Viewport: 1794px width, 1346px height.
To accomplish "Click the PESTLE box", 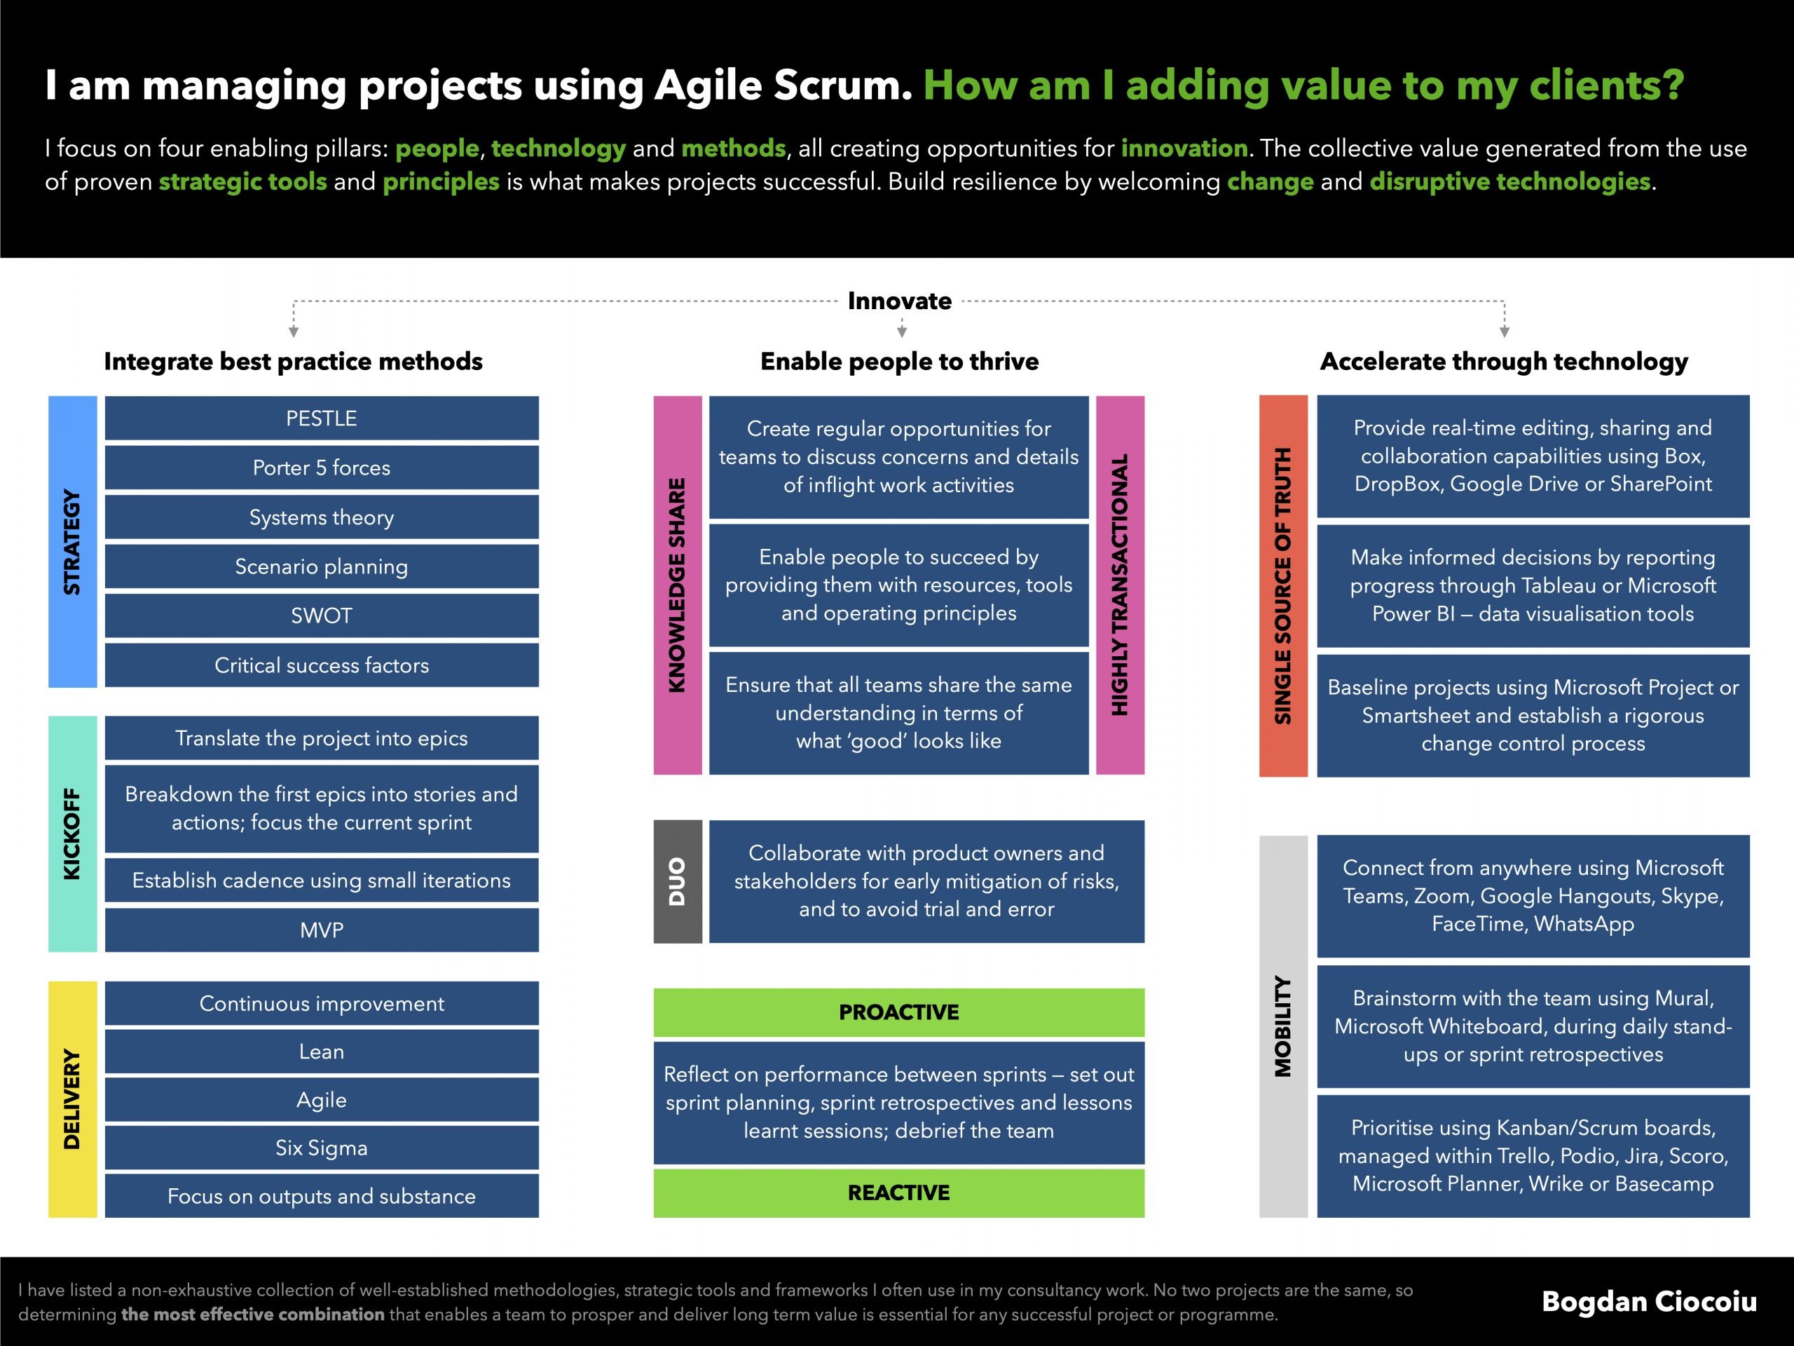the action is click(x=321, y=418).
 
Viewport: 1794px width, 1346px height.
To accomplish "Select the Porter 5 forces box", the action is click(x=321, y=468).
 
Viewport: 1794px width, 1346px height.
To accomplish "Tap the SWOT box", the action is click(x=321, y=616).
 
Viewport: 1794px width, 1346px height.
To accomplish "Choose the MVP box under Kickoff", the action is click(x=321, y=930).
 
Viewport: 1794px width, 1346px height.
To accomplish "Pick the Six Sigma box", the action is click(x=321, y=1147).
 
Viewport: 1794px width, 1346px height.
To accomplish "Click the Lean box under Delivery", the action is click(x=321, y=1052).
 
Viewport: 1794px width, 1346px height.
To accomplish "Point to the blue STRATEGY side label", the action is click(x=72, y=542).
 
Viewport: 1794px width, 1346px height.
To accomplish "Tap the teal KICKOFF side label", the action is click(x=72, y=834).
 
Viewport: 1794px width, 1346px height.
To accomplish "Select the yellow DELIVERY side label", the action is click(x=72, y=1099).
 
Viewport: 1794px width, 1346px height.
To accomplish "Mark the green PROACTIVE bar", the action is click(x=898, y=1012).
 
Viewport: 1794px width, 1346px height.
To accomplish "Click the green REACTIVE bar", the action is click(x=898, y=1192).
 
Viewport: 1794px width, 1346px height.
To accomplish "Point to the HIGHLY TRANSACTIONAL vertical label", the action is click(x=1120, y=585).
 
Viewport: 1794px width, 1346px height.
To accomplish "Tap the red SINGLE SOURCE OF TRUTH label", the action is click(x=1283, y=586).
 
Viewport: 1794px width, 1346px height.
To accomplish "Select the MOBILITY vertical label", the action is click(x=1283, y=1026).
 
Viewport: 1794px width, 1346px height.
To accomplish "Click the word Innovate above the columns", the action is click(x=899, y=301).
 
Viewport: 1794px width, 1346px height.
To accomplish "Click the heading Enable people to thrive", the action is click(x=899, y=361).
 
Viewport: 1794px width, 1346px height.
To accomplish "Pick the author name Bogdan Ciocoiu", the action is click(x=1649, y=1301).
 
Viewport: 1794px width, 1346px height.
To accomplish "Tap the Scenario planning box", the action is click(x=321, y=566).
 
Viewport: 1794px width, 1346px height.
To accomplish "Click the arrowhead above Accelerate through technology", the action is click(x=1505, y=332).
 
